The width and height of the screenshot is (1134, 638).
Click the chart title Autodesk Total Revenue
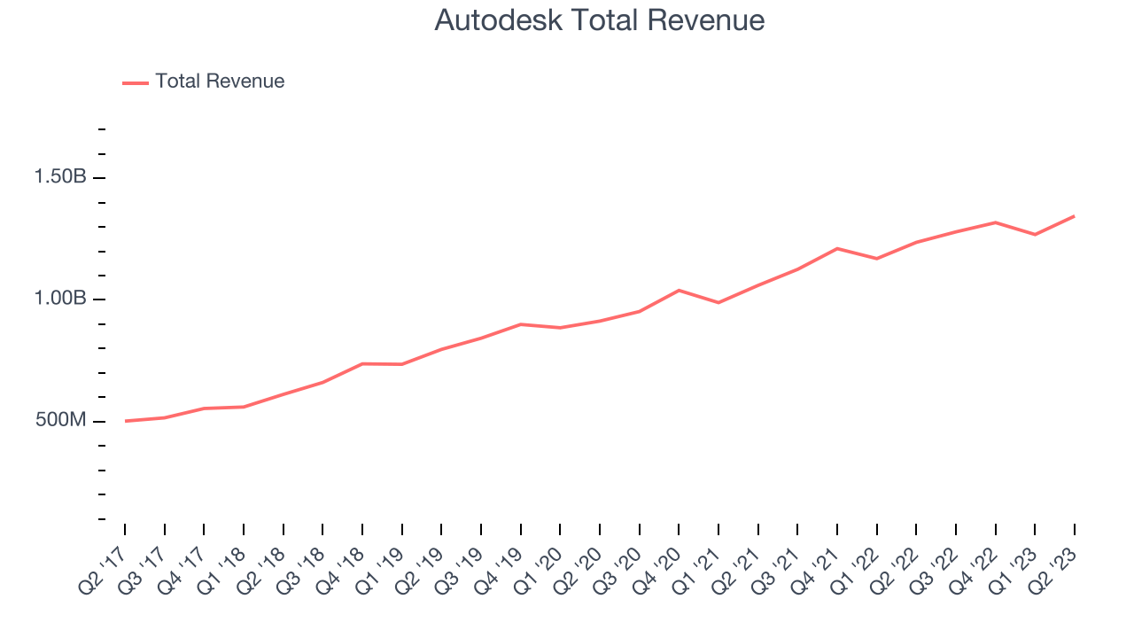pos(599,20)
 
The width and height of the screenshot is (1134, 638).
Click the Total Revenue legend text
pos(220,82)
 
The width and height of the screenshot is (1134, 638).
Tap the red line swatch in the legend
pos(136,82)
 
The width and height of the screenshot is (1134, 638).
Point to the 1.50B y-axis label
pos(60,177)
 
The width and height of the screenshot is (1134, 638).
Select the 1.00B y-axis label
pos(60,299)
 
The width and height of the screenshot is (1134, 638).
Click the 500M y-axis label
pos(61,420)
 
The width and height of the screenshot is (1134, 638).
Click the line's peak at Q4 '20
pos(679,290)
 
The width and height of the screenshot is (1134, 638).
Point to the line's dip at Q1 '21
pos(718,303)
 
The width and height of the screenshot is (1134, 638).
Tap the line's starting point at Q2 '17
pos(126,421)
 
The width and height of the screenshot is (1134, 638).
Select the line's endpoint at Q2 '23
pos(1075,216)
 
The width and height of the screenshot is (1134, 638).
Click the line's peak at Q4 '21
pos(837,248)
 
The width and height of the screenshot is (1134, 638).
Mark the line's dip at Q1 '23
pos(1035,235)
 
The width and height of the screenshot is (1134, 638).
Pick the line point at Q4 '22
pos(995,222)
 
